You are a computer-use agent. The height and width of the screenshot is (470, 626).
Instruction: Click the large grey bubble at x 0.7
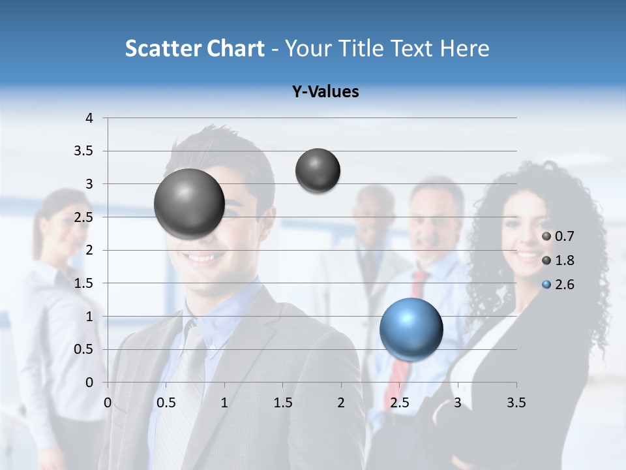click(x=190, y=204)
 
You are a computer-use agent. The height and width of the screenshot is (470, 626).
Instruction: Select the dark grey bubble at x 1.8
click(x=318, y=170)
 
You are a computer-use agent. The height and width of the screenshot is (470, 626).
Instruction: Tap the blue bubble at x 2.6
click(x=411, y=329)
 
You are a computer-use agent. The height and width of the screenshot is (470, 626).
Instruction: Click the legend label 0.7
click(x=565, y=236)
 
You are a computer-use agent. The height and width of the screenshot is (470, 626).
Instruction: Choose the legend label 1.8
click(x=565, y=260)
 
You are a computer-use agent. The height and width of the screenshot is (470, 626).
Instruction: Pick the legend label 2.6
click(x=565, y=285)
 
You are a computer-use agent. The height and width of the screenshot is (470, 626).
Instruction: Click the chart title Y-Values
click(x=325, y=92)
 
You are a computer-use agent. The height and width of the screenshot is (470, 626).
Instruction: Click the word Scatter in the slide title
click(x=163, y=48)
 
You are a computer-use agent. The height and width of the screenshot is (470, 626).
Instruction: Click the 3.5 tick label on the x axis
click(x=516, y=403)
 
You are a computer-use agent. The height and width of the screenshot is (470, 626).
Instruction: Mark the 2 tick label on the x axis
click(x=341, y=403)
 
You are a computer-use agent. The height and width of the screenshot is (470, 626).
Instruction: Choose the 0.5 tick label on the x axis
click(x=166, y=403)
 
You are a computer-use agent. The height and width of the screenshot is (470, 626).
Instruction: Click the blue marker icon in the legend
click(x=546, y=285)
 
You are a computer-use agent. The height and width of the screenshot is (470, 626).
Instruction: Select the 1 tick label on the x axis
click(x=224, y=403)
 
